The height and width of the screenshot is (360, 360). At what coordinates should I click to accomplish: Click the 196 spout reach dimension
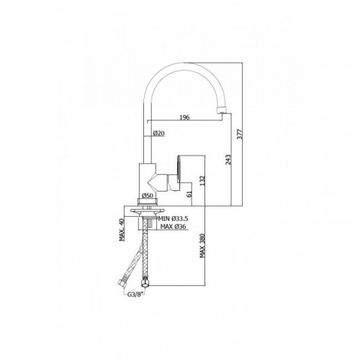point(184,117)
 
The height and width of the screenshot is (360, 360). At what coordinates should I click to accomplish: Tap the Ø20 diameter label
point(159,133)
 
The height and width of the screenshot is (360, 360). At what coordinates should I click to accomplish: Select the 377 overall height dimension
point(240,134)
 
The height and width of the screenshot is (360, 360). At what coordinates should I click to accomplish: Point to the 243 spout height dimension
point(228,160)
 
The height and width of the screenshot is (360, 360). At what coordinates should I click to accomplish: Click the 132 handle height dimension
point(202,181)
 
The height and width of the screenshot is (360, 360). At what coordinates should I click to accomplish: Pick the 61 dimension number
point(189,194)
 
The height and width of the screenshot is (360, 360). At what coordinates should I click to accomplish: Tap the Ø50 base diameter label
point(148,195)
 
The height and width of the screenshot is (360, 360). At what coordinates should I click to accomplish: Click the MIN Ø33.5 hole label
point(173,219)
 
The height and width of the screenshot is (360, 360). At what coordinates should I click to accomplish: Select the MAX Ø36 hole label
point(174,227)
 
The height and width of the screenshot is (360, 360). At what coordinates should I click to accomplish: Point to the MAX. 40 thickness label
point(122,230)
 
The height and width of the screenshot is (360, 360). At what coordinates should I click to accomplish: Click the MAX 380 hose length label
point(202,246)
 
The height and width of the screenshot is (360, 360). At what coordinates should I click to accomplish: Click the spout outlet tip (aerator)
point(222,109)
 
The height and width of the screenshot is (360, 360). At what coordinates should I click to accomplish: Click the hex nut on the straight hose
point(145,282)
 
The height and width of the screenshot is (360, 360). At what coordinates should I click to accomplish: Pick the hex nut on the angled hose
point(122,283)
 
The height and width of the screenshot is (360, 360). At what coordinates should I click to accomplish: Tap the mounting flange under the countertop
point(148,211)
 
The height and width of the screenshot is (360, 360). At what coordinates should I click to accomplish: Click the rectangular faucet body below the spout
point(148,178)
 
